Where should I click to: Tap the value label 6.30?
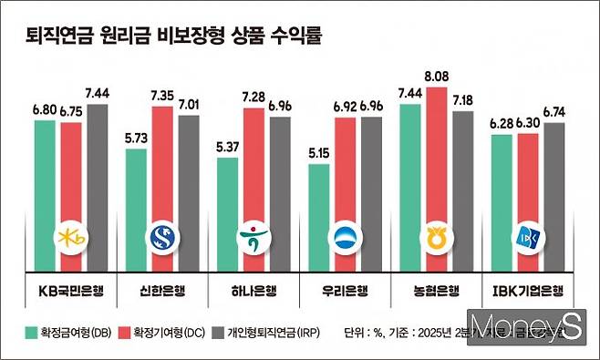528,124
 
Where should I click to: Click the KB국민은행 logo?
71,239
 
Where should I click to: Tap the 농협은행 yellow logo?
436,239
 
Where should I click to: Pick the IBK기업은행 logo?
528,238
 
